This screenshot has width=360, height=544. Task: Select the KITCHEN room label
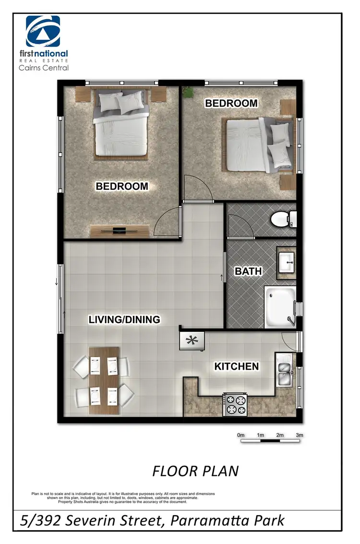[x=236, y=366]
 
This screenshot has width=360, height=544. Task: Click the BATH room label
[x=248, y=271]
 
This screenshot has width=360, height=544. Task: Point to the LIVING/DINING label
[x=124, y=319]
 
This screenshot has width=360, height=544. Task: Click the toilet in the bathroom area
[x=283, y=220]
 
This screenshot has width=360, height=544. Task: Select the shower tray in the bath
[x=280, y=306]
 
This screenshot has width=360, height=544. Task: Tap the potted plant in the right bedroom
[x=188, y=92]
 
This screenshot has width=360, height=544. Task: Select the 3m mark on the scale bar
[x=300, y=435]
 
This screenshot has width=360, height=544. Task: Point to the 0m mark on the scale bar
[x=241, y=435]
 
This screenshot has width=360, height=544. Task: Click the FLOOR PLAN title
[x=195, y=471]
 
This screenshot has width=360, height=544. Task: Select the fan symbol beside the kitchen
[x=192, y=341]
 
